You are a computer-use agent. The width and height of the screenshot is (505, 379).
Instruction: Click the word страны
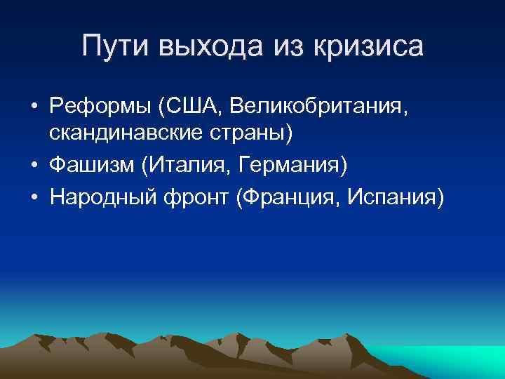(248, 133)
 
